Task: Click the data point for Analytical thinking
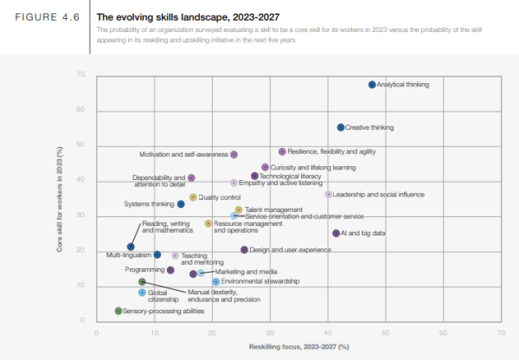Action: [372, 85]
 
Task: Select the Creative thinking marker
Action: [341, 127]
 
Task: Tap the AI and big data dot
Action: [336, 233]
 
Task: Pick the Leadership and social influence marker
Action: [328, 195]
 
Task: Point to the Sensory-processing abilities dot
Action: [119, 311]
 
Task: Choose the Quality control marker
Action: [193, 197]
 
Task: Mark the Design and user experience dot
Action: [244, 250]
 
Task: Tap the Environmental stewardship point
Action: [216, 281]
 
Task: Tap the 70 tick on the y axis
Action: [80, 74]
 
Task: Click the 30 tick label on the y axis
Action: [80, 215]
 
